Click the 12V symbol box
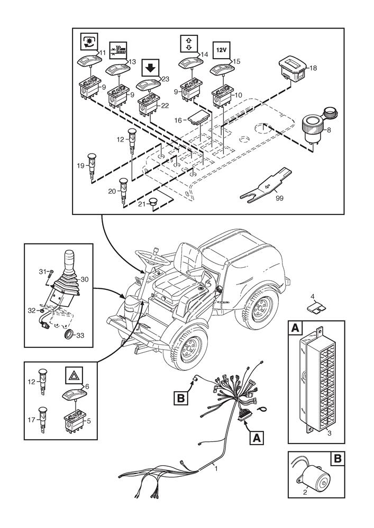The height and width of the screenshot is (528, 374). (222, 50)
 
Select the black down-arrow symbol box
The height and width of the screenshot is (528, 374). (150, 68)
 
